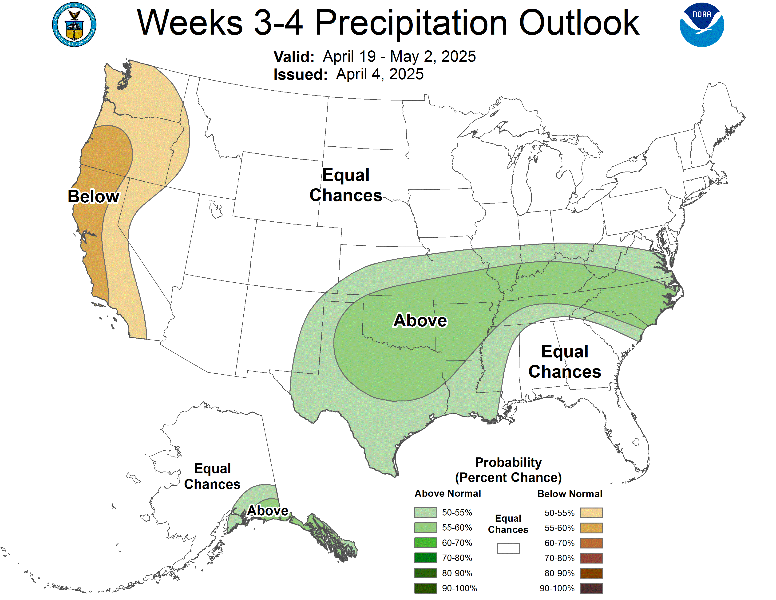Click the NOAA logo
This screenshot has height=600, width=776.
701,25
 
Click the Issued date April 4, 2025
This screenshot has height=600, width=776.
380,74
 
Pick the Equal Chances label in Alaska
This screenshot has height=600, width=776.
212,476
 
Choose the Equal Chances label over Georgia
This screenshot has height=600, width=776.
565,361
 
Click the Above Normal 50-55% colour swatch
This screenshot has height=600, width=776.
425,512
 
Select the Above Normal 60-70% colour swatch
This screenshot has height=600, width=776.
425,543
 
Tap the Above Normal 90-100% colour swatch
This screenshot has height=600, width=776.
425,588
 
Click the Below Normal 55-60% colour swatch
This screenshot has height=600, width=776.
591,528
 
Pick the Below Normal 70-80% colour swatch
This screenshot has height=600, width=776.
591,558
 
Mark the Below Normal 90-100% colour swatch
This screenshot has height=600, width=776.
591,588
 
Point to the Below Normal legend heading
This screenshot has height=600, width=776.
570,494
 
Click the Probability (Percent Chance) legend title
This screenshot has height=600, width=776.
508,470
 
